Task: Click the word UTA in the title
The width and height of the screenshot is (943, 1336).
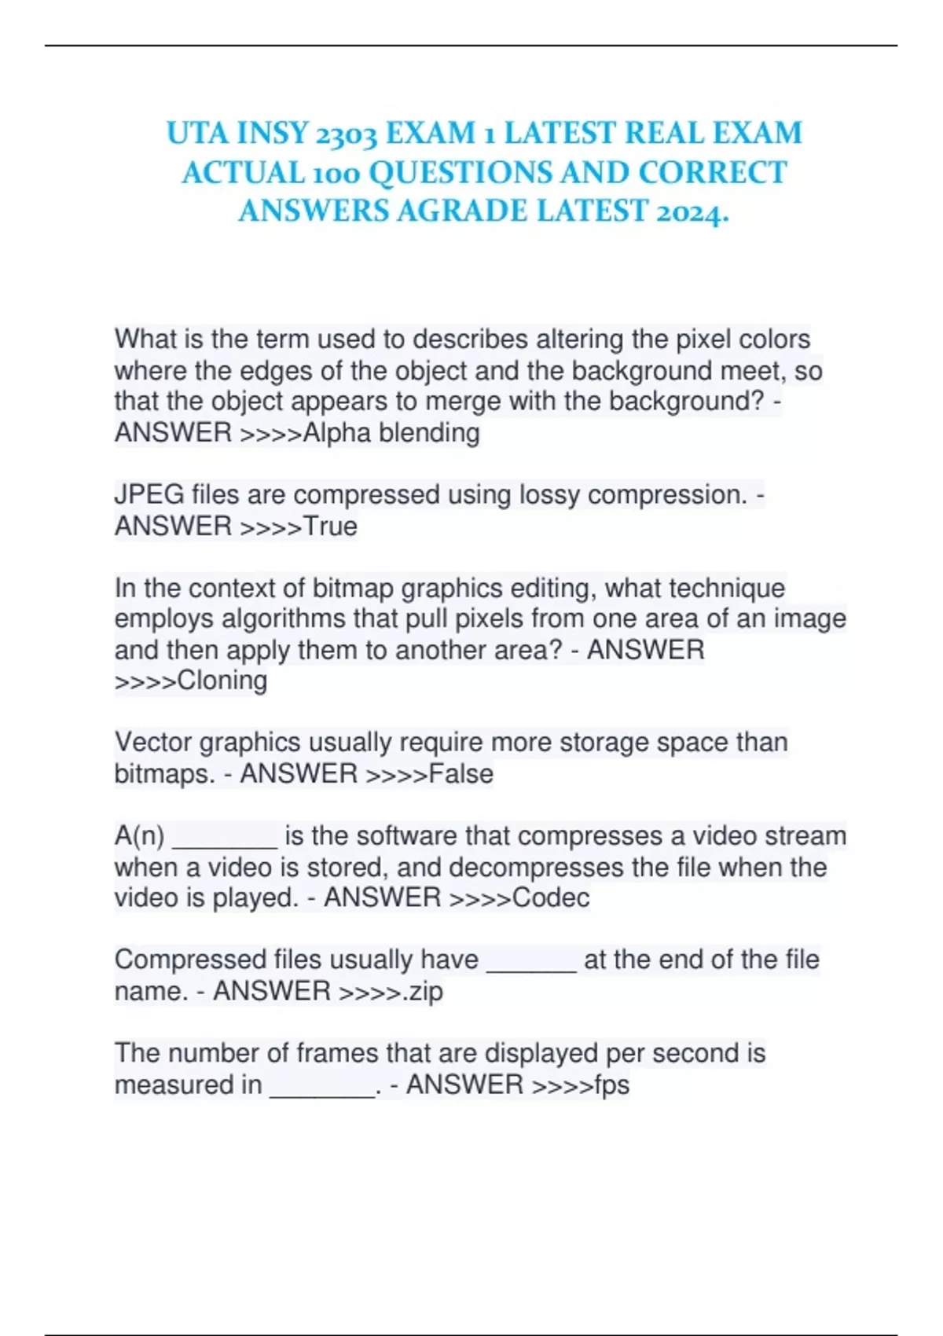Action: (x=196, y=133)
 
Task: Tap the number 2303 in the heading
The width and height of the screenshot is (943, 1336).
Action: (x=343, y=134)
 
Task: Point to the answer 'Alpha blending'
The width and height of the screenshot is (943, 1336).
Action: (x=391, y=432)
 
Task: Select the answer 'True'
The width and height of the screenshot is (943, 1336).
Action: (x=330, y=526)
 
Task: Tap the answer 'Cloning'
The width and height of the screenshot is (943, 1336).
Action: (x=222, y=681)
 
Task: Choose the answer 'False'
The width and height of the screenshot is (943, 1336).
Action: (x=461, y=774)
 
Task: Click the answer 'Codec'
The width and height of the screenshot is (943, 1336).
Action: (x=550, y=897)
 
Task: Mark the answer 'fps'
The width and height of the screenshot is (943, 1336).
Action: (x=611, y=1085)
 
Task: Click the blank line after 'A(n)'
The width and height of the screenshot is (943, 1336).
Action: (x=224, y=841)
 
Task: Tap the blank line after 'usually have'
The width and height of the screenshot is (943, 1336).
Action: (x=531, y=965)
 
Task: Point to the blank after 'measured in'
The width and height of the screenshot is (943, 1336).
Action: (x=322, y=1090)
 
